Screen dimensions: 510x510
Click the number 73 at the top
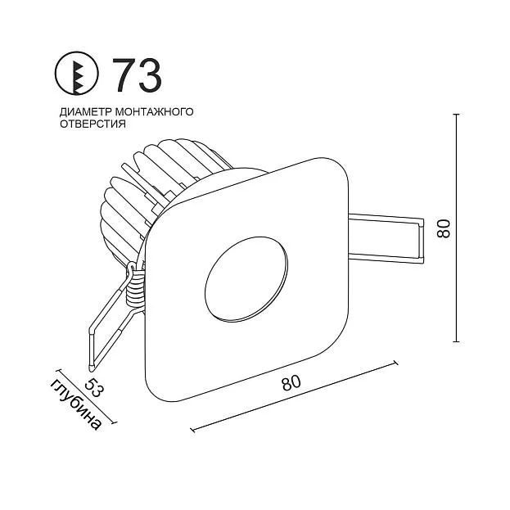(137, 74)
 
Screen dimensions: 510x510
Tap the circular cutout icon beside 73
(76, 73)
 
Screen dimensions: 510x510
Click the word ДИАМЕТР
(86, 112)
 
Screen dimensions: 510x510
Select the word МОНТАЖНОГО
(155, 111)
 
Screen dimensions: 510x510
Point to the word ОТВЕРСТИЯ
(93, 124)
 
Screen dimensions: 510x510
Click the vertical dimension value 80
(444, 228)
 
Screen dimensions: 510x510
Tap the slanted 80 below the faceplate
(291, 383)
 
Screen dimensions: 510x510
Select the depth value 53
(93, 387)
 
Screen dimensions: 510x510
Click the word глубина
(76, 404)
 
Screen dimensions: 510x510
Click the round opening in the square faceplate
(246, 279)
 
